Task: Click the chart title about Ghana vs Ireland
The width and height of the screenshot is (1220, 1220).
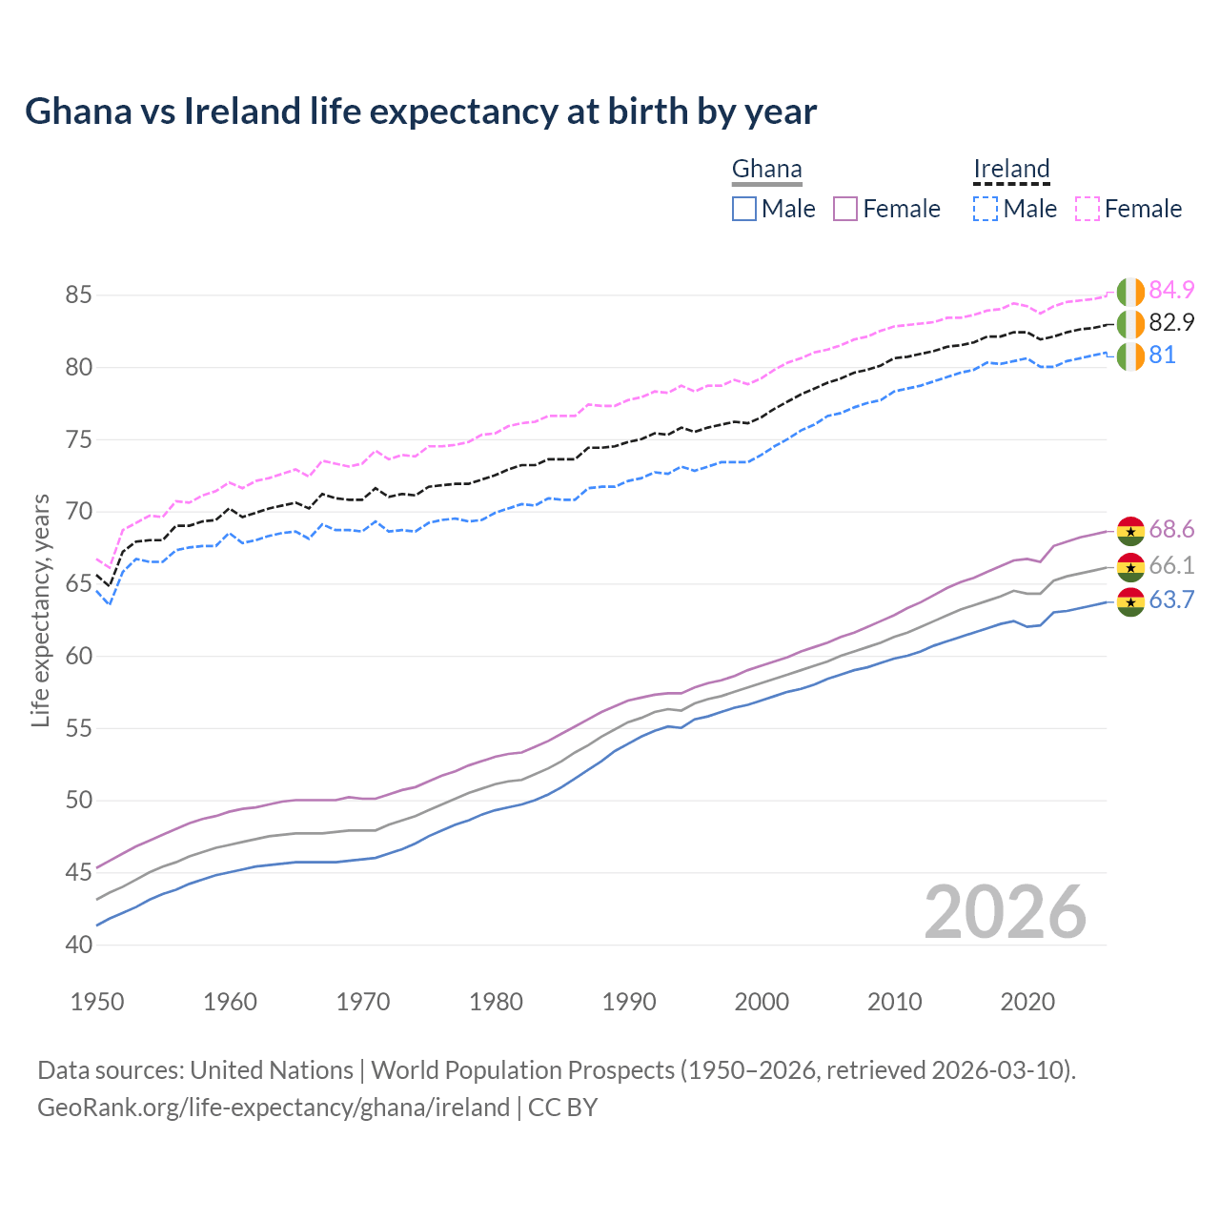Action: click(420, 112)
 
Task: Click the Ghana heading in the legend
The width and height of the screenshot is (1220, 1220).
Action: click(766, 170)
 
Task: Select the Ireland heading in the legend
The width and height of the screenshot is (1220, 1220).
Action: click(1011, 170)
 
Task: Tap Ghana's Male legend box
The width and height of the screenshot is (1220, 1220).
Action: click(744, 209)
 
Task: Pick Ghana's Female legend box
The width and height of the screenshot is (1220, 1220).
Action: click(846, 209)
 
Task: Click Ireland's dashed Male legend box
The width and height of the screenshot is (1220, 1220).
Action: click(986, 209)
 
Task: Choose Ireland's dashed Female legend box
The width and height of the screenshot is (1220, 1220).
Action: click(1088, 209)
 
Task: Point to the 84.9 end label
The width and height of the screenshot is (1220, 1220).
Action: click(1171, 290)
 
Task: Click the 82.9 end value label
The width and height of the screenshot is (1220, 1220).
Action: click(1171, 322)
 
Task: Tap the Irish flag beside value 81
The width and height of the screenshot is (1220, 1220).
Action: click(1130, 356)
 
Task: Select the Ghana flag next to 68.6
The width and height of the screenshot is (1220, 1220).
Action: click(1130, 531)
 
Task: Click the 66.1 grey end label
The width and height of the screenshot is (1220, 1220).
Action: click(1171, 565)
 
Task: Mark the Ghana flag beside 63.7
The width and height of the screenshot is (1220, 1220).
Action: click(1130, 601)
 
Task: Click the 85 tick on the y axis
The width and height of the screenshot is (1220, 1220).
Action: click(78, 295)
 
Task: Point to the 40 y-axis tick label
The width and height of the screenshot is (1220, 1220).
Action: click(78, 945)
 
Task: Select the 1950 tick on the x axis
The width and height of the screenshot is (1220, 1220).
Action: click(97, 1002)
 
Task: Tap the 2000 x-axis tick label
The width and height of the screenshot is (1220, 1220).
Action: click(762, 1002)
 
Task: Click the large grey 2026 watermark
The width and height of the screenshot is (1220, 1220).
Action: click(1006, 912)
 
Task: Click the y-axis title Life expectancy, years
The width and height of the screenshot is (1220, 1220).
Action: click(40, 610)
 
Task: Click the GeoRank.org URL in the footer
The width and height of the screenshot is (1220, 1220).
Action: click(274, 1108)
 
